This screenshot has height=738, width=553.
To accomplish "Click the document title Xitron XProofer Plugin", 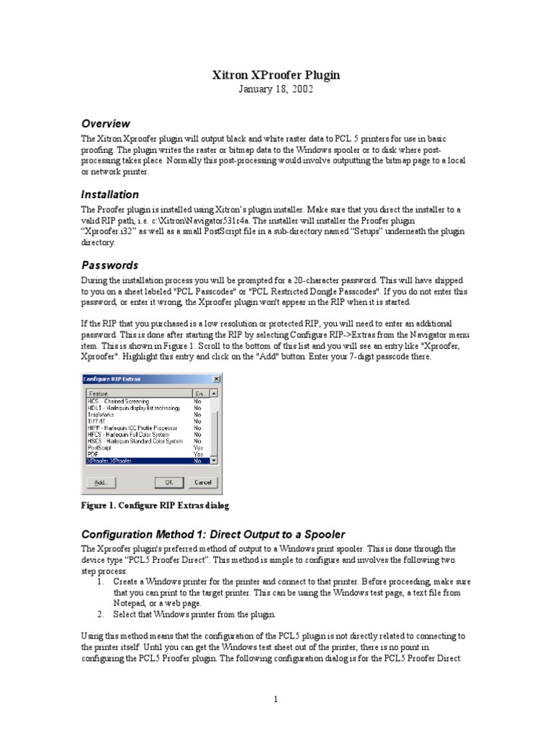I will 276,75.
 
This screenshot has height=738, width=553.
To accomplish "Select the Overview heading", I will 105,123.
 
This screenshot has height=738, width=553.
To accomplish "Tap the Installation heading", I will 109,194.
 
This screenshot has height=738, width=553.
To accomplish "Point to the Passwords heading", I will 109,264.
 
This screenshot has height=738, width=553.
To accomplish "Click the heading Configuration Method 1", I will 213,534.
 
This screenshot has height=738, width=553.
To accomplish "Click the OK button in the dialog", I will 169,481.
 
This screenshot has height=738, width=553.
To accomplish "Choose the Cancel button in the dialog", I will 202,481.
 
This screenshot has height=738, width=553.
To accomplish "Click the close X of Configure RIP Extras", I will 215,378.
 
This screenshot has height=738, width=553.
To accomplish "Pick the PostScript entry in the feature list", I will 101,447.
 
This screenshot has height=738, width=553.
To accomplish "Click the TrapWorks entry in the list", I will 102,414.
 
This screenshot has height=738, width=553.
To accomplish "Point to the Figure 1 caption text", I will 154,506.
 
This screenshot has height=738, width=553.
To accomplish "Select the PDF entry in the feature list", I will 93,453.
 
